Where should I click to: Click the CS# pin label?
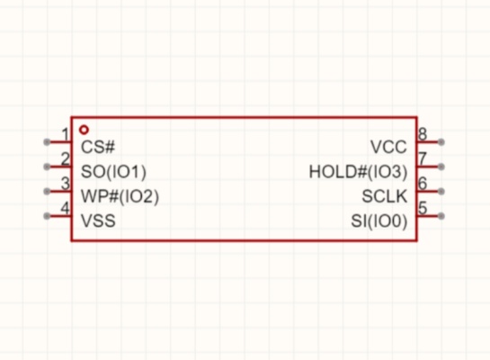(x=98, y=147)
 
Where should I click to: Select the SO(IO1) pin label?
(x=113, y=172)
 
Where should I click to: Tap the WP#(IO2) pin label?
(x=120, y=196)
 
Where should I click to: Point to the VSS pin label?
(x=98, y=220)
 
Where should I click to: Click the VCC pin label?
(x=388, y=147)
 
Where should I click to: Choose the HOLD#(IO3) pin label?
(x=358, y=172)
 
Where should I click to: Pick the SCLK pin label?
(x=385, y=196)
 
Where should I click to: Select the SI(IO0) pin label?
(x=379, y=220)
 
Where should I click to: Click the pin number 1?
(x=66, y=134)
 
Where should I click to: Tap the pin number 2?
(x=66, y=159)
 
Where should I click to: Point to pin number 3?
(x=66, y=184)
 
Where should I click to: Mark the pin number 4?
(x=65, y=208)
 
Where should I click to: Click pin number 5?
(x=423, y=208)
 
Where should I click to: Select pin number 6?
(x=423, y=184)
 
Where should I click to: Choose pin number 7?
(x=423, y=159)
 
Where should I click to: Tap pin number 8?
(x=423, y=134)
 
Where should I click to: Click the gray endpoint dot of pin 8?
(x=441, y=142)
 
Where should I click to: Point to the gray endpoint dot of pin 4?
(x=47, y=216)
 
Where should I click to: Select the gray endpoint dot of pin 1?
(x=47, y=142)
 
